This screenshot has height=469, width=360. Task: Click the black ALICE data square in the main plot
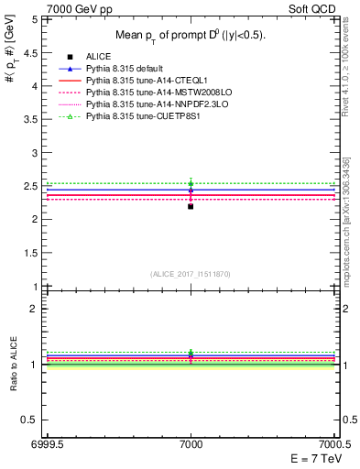pos(191,206)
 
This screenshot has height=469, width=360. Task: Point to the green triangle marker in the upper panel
pos(191,183)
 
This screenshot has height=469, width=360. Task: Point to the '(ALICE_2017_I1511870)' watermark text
pos(191,274)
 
